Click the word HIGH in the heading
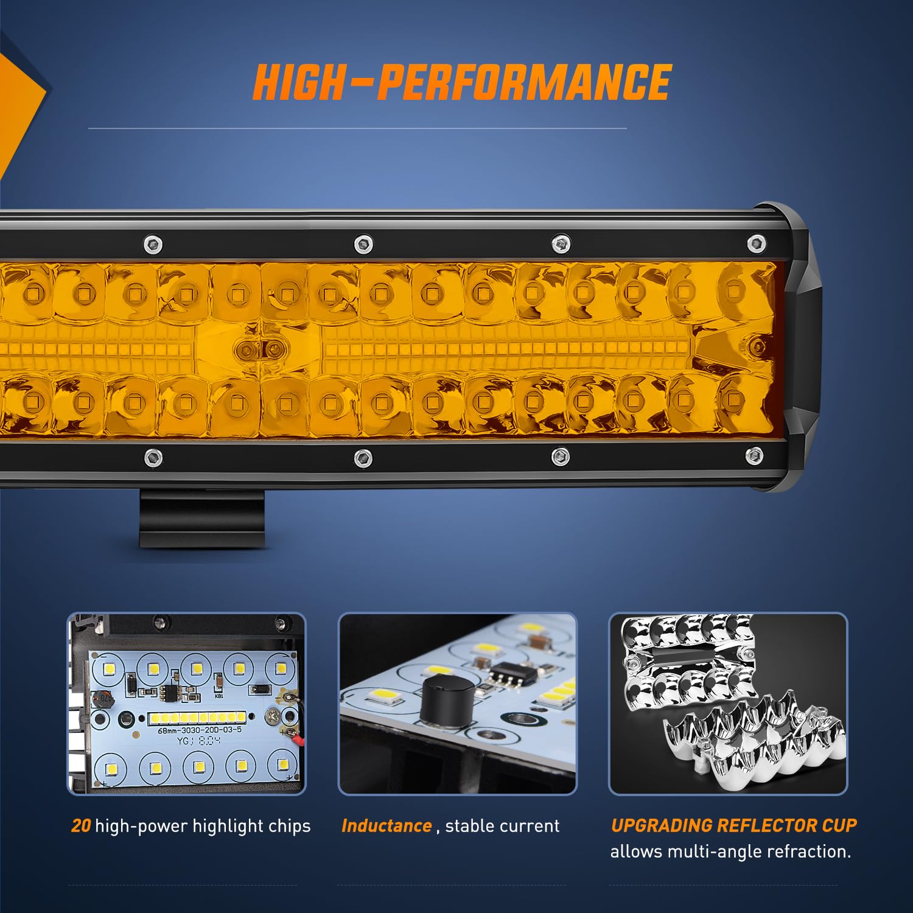[298, 82]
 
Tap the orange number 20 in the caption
[81, 826]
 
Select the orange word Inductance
[387, 826]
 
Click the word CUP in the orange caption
[839, 825]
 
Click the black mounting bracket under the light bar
[202, 517]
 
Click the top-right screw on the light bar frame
[755, 243]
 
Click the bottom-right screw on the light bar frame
[754, 453]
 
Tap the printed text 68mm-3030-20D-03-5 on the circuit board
[200, 730]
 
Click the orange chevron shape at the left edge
[18, 110]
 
